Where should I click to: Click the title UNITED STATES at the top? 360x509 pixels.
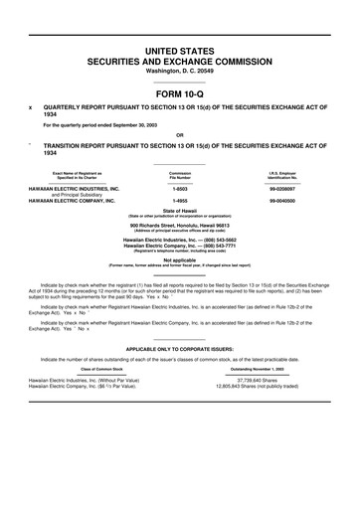(179, 49)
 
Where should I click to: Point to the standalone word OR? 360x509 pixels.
(179, 136)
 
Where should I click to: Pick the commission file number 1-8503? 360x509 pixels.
(180, 189)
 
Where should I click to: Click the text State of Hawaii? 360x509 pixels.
(180, 213)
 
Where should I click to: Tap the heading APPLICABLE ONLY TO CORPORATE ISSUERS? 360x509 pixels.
(180, 350)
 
